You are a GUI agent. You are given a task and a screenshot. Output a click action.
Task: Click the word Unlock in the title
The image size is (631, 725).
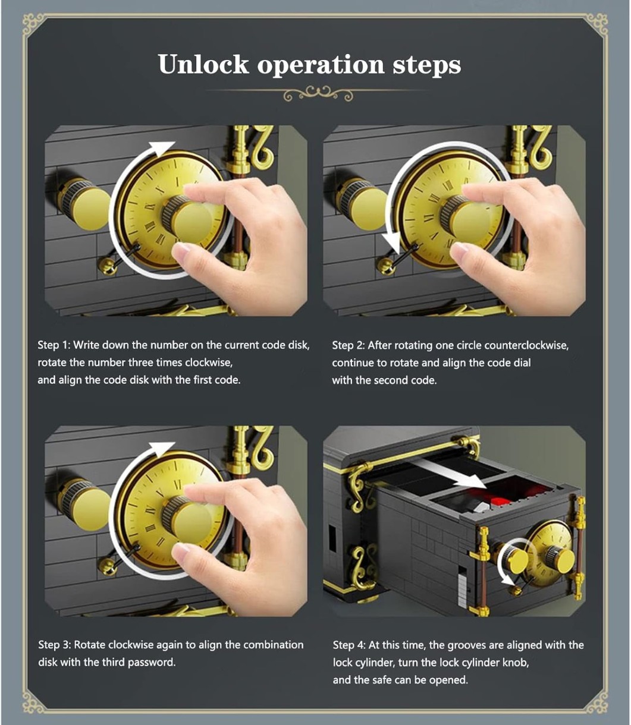(203, 64)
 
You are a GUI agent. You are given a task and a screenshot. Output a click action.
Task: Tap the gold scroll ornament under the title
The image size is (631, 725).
(318, 93)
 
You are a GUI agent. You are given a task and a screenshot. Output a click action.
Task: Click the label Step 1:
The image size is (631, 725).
(54, 345)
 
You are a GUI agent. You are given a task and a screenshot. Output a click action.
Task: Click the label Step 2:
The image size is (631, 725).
(348, 345)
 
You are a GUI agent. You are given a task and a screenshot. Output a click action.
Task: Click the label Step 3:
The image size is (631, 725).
(54, 645)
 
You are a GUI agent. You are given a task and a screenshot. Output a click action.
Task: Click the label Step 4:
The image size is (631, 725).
(349, 645)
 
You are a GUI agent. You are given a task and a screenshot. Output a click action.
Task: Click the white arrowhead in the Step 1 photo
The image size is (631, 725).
(161, 147)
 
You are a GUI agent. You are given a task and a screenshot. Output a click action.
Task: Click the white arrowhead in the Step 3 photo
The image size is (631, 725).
(161, 448)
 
